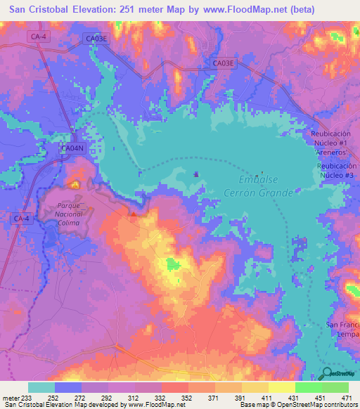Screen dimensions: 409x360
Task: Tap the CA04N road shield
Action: click(x=72, y=148)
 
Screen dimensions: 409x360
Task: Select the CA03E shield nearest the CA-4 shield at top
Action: click(x=96, y=39)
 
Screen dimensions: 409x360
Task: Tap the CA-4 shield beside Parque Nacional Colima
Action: click(x=22, y=219)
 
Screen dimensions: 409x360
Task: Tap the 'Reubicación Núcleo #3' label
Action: click(x=336, y=169)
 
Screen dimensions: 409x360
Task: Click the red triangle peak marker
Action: click(x=134, y=214)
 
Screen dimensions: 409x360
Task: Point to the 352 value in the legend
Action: click(x=188, y=397)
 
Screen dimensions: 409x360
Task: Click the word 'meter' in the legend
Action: click(x=11, y=397)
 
